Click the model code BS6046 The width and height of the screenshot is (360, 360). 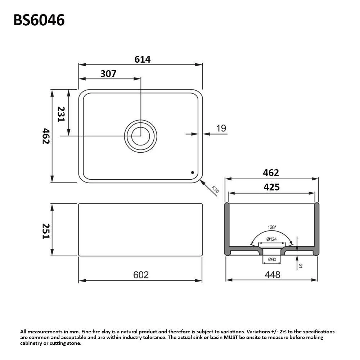click(x=39, y=20)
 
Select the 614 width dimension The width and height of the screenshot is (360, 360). click(x=143, y=59)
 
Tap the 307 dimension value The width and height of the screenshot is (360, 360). click(x=108, y=74)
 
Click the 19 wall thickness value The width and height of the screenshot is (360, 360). click(x=221, y=128)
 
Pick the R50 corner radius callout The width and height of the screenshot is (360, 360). click(x=215, y=190)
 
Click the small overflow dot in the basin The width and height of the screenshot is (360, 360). click(x=192, y=172)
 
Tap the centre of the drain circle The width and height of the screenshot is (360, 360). click(x=140, y=136)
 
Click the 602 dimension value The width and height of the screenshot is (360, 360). click(x=141, y=275)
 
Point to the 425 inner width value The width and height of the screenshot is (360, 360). click(x=272, y=187)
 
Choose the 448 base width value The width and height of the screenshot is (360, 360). click(x=273, y=275)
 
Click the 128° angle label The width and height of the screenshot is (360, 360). click(x=272, y=227)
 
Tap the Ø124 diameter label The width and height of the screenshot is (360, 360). click(x=271, y=239)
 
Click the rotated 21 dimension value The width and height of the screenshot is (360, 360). click(x=300, y=266)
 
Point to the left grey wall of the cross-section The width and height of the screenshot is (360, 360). click(x=227, y=227)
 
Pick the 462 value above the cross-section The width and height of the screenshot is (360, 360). click(x=271, y=173)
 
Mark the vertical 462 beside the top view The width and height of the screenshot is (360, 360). click(x=46, y=136)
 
